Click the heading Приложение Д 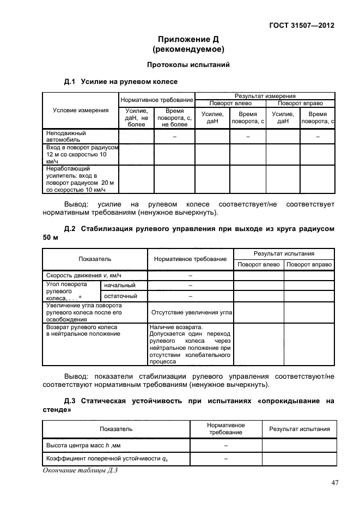coord(188,39)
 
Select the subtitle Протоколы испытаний coord(188,65)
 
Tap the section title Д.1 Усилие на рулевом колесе coord(121,82)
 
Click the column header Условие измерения coord(81,111)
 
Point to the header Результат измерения coord(265,95)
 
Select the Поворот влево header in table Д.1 coord(230,103)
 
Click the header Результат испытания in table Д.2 coord(283,254)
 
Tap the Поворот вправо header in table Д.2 coord(309,264)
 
